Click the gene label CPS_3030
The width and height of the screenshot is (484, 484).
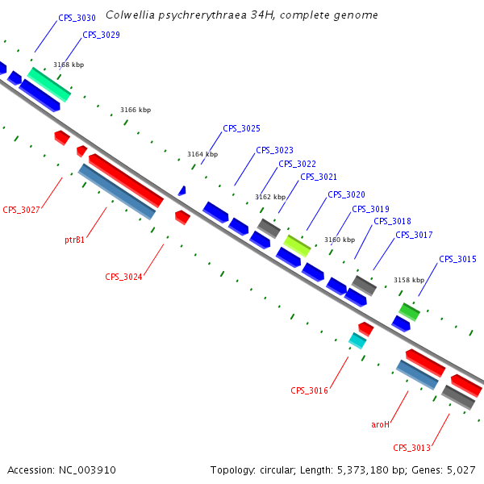77,18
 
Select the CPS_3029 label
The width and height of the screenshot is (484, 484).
101,35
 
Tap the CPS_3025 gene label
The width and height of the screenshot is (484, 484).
241,128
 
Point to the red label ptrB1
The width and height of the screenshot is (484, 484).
75,240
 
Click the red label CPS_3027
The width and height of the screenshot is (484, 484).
21,210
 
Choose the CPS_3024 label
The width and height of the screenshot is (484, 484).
123,277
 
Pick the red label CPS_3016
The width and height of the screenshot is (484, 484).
309,390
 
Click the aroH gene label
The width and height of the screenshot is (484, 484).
380,424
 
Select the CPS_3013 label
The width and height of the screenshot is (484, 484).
411,448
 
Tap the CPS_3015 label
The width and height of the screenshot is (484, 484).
457,259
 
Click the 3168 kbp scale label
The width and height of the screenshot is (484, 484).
69,65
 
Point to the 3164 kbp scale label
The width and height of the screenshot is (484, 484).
202,154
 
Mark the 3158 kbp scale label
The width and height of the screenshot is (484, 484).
409,280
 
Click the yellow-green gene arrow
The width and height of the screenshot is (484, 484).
297,245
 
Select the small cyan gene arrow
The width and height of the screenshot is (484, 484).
357,340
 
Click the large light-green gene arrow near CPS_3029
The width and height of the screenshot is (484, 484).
49,84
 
